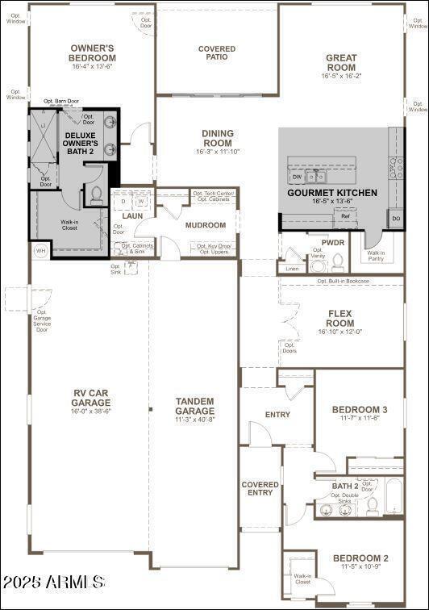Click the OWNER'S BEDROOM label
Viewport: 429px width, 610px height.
click(x=93, y=53)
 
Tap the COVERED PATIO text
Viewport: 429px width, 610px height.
click(x=217, y=53)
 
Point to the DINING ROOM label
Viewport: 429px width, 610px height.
click(x=217, y=138)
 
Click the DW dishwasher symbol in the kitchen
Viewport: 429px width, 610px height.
click(x=297, y=177)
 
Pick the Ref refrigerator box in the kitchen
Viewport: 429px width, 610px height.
click(x=345, y=216)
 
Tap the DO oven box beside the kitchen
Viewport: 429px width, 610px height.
click(x=395, y=218)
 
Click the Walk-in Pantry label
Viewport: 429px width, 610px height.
click(x=376, y=256)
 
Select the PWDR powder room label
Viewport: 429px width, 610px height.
click(x=333, y=242)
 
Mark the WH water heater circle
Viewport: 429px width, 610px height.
click(x=40, y=251)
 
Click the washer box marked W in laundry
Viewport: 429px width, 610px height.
click(x=140, y=202)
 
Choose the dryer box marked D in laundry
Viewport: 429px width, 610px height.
click(x=123, y=202)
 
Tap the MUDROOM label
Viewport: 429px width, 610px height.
click(x=205, y=225)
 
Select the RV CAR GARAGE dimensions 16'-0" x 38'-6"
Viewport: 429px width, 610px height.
click(x=90, y=411)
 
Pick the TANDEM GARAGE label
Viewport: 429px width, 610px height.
click(x=194, y=406)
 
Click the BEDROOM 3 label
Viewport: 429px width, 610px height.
click(x=360, y=410)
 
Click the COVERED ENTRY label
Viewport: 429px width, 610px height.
click(x=260, y=489)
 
